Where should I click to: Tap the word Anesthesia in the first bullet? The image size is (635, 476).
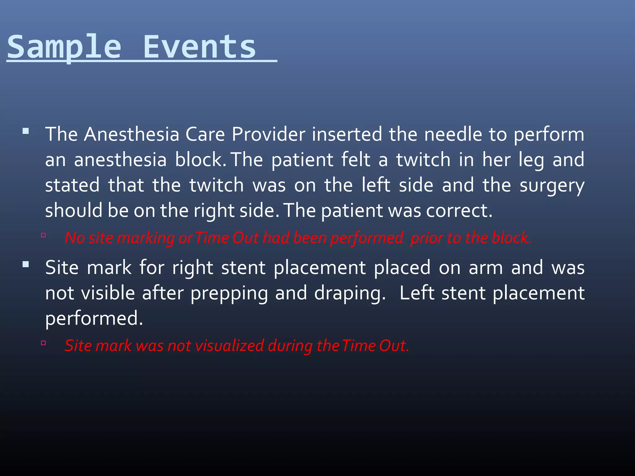point(131,134)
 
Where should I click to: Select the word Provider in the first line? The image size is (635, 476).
point(268,134)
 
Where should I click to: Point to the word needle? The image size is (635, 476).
point(453,134)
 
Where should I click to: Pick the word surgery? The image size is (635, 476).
point(552,185)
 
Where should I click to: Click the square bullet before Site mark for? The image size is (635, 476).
point(26,264)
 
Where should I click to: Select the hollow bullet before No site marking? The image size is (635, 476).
point(43,235)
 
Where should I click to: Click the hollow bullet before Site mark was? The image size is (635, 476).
point(43,343)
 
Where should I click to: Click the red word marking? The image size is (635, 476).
point(146,238)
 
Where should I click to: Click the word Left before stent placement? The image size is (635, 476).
point(417,293)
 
